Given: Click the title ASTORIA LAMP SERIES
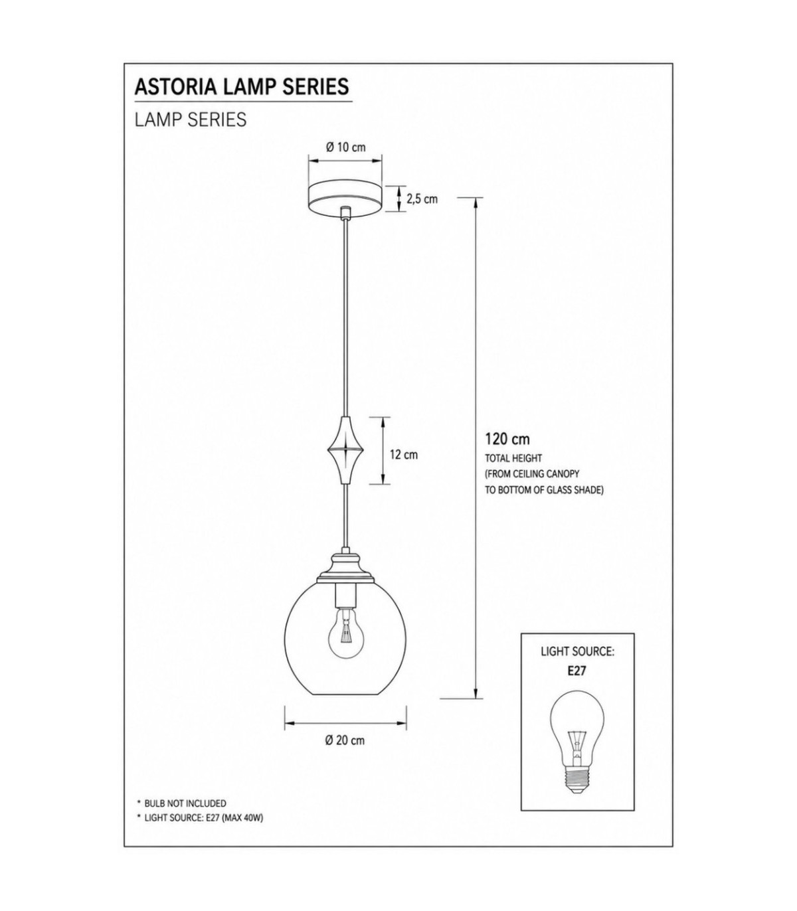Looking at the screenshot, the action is pyautogui.click(x=242, y=86).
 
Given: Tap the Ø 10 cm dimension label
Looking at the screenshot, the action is pyautogui.click(x=346, y=147).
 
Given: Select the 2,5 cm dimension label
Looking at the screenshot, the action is pyautogui.click(x=422, y=199).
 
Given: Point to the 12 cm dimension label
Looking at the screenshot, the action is pyautogui.click(x=404, y=455).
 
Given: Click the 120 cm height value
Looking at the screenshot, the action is pyautogui.click(x=507, y=440).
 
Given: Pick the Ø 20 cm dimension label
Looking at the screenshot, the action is pyautogui.click(x=345, y=740).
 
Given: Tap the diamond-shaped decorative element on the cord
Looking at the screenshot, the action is pyautogui.click(x=345, y=450).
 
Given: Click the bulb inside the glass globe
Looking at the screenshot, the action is pyautogui.click(x=345, y=633).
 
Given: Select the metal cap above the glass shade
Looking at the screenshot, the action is pyautogui.click(x=345, y=568).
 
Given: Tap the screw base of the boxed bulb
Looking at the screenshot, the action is pyautogui.click(x=577, y=782).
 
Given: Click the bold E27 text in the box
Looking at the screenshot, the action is pyautogui.click(x=577, y=671).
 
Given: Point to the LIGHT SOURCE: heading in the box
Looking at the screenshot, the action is pyautogui.click(x=577, y=652).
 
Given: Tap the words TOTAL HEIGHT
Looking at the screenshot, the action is pyautogui.click(x=513, y=457).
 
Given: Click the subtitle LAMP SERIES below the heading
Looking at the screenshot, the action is pyautogui.click(x=191, y=120).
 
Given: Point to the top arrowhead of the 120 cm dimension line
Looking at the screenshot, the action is pyautogui.click(x=477, y=202).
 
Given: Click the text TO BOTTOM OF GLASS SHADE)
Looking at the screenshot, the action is pyautogui.click(x=544, y=490).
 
